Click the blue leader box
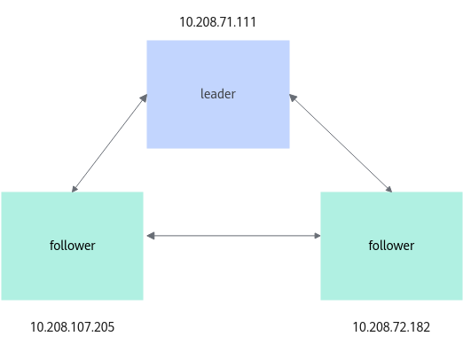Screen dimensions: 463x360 (x=218, y=94)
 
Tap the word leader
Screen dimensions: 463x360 (x=218, y=94)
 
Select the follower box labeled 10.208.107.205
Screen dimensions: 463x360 (x=72, y=246)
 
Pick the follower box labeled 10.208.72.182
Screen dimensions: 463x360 (x=391, y=246)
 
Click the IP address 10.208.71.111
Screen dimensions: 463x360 (x=217, y=22)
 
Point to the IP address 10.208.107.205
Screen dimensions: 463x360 (x=72, y=327)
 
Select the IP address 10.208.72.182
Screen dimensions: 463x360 (x=391, y=327)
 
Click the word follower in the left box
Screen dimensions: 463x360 (x=72, y=246)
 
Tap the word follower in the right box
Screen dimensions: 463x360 (x=391, y=246)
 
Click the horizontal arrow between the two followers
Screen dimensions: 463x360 (x=233, y=236)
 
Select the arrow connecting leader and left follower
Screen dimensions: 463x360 (x=109, y=143)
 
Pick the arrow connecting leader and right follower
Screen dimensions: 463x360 (x=341, y=143)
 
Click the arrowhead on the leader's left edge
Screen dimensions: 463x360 (x=144, y=98)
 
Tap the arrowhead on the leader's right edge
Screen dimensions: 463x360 (x=293, y=98)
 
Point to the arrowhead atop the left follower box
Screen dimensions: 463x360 (x=75, y=189)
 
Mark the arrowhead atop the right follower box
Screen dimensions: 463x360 (x=388, y=189)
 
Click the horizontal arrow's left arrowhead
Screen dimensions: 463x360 (x=151, y=236)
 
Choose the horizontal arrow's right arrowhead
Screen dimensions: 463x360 (x=318, y=236)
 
